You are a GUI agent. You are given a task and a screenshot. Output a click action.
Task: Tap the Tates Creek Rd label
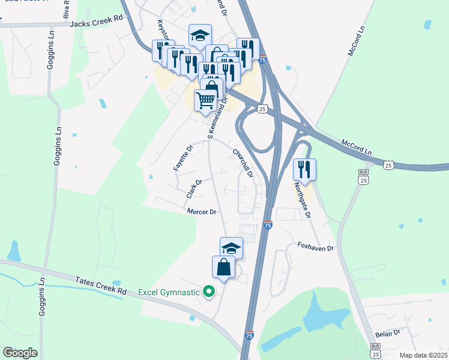[101, 286]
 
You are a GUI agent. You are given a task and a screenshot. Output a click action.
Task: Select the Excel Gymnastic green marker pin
[209, 292]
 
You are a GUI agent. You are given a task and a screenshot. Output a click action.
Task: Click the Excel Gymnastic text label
[169, 292]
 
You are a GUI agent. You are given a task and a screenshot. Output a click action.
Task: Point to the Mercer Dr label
[201, 212]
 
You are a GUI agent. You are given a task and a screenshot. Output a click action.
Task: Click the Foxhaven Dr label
[315, 247]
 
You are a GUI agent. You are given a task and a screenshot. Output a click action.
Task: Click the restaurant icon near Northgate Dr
[305, 169]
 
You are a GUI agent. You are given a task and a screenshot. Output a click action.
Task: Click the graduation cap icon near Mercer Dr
[231, 247]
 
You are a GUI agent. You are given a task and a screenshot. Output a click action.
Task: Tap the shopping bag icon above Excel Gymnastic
[223, 267]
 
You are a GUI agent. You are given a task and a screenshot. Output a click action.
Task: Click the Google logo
[20, 352]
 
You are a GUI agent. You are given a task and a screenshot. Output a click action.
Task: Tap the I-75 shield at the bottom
[249, 335]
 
